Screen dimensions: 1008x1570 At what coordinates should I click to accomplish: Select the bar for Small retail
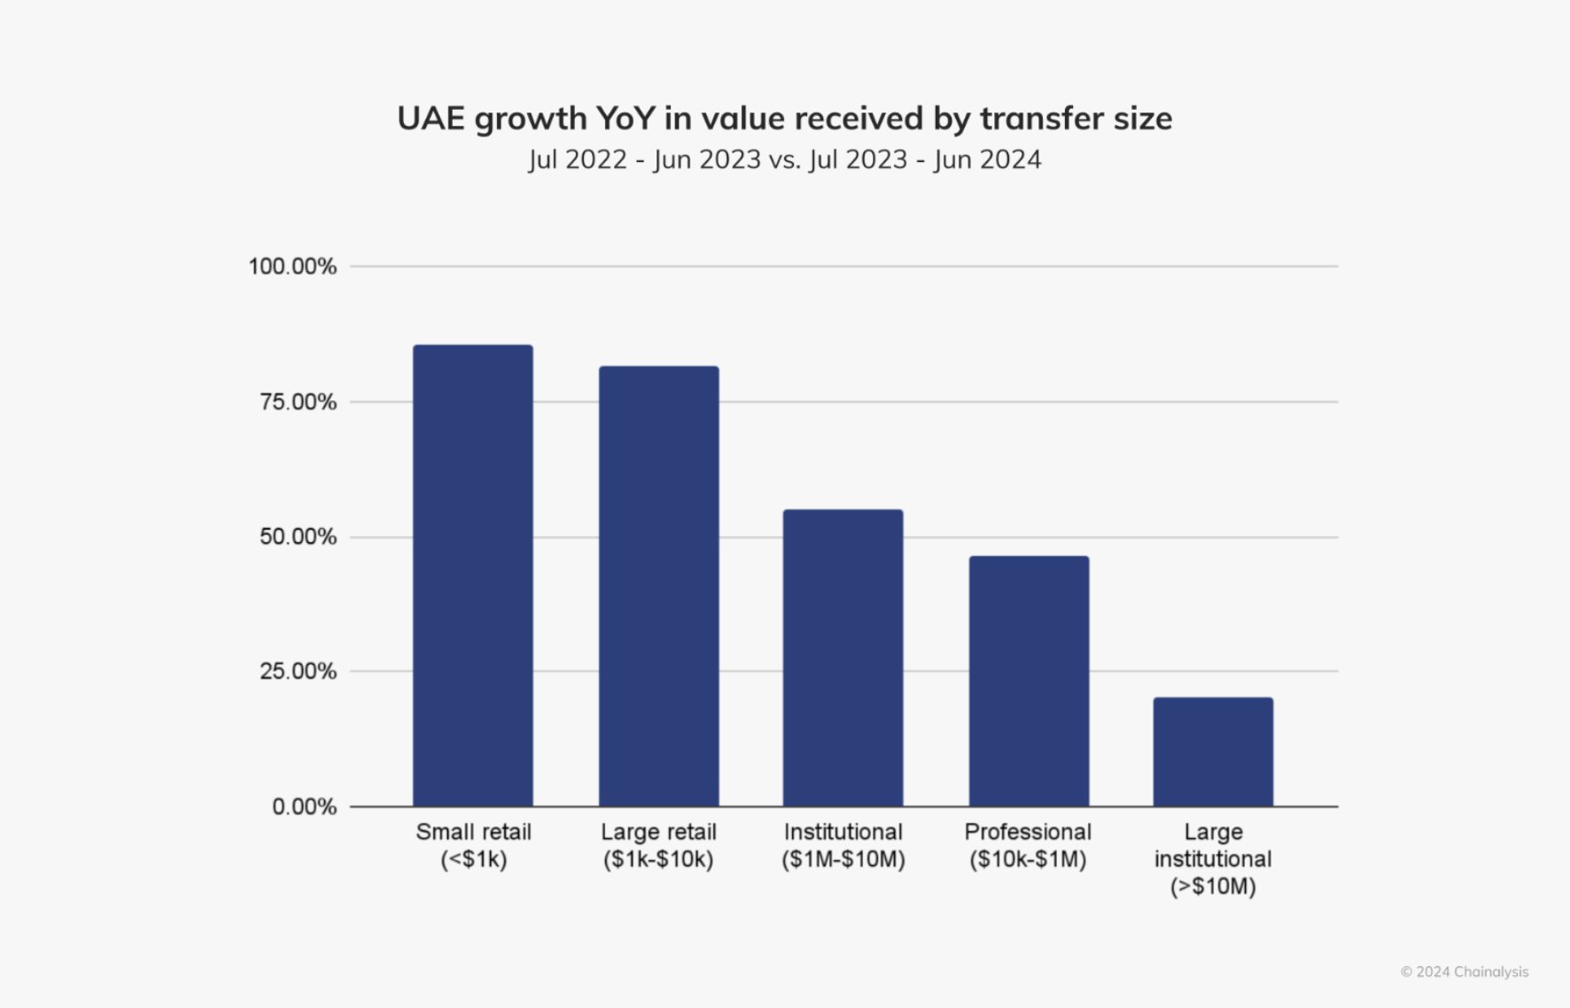point(473,576)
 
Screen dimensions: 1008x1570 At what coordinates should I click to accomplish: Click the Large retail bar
point(658,586)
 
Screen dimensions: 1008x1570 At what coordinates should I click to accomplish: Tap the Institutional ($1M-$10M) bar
point(843,658)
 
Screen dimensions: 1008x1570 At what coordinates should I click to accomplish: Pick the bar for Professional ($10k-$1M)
point(1029,681)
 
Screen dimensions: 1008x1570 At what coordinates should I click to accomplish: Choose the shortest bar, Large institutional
point(1213,752)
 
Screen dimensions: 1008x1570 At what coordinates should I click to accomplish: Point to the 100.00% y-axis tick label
point(292,267)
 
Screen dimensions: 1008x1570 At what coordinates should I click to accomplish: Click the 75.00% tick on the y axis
point(298,402)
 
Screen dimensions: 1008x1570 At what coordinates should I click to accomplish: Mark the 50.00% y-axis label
point(298,537)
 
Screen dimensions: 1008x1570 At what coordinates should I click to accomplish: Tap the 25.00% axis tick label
point(298,671)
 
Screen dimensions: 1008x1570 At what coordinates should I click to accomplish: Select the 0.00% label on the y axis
point(304,807)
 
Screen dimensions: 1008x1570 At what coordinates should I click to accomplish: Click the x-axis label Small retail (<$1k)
point(473,845)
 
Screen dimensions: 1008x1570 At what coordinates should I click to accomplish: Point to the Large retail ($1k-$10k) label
point(658,845)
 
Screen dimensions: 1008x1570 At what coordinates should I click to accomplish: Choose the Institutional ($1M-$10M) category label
point(843,845)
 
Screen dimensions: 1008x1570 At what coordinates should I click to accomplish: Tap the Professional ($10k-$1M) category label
point(1028,845)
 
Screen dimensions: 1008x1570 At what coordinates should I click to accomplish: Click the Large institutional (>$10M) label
point(1213,858)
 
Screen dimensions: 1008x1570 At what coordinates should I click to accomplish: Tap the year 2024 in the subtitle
point(1009,159)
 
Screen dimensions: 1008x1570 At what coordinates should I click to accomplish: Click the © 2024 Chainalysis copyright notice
point(1464,972)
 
